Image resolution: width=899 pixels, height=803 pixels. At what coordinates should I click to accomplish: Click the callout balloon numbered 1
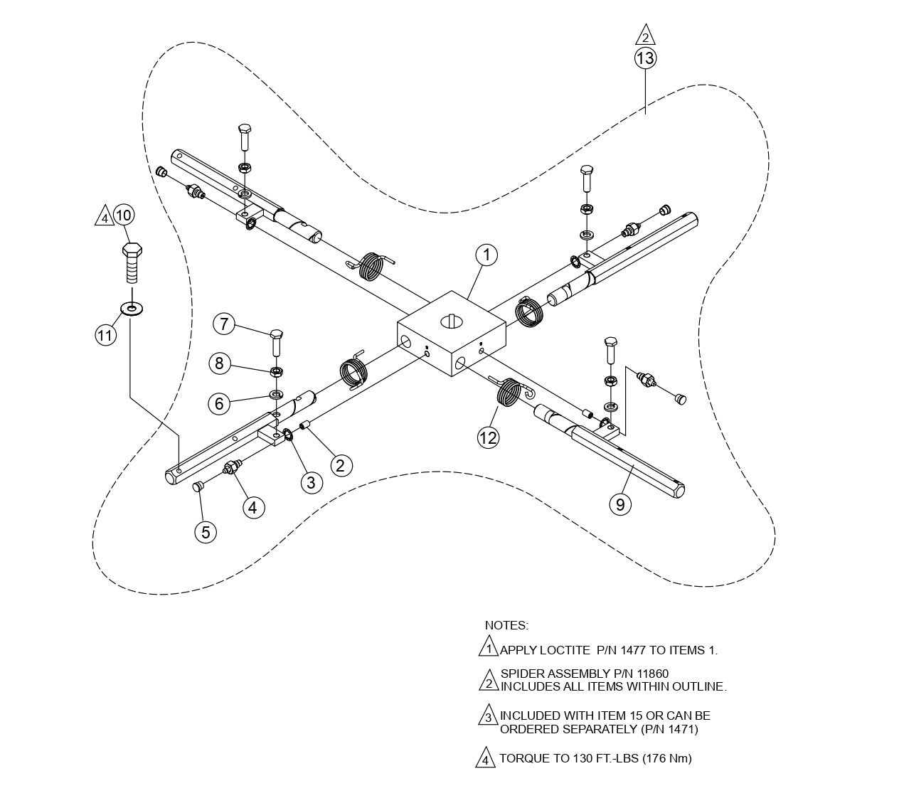click(x=486, y=255)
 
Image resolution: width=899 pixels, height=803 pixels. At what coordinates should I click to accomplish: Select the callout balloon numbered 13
click(x=644, y=58)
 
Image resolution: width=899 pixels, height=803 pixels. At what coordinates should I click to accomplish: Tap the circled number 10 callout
click(x=124, y=215)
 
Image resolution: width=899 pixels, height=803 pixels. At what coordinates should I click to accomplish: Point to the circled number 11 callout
click(x=106, y=334)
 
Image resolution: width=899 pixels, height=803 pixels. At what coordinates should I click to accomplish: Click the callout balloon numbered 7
click(x=224, y=324)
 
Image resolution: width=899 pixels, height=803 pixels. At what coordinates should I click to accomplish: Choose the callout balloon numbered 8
click(x=219, y=363)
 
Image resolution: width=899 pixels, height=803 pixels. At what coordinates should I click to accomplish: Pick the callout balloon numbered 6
click(x=219, y=403)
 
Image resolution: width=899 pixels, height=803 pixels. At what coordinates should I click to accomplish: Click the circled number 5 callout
click(x=206, y=532)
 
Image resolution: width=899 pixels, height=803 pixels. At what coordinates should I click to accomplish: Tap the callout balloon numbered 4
click(x=254, y=507)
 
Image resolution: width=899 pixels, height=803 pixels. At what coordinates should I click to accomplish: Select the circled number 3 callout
click(x=311, y=482)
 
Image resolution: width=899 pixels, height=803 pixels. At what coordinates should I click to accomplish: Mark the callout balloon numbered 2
click(x=341, y=465)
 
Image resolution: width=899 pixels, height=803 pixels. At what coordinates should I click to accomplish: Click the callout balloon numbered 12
click(x=488, y=437)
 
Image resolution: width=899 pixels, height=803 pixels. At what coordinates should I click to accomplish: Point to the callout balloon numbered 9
click(x=620, y=504)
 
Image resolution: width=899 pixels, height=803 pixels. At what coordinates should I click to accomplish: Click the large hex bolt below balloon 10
click(x=131, y=263)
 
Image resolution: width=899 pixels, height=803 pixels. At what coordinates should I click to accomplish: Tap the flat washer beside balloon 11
click(x=132, y=308)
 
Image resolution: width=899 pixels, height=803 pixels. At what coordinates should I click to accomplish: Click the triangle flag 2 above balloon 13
click(x=644, y=36)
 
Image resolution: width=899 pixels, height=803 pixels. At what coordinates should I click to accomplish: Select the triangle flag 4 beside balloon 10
click(x=104, y=216)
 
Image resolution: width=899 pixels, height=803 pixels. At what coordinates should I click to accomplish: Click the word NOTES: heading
click(x=506, y=626)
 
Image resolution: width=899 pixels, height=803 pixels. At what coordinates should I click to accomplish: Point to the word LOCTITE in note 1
click(x=565, y=650)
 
